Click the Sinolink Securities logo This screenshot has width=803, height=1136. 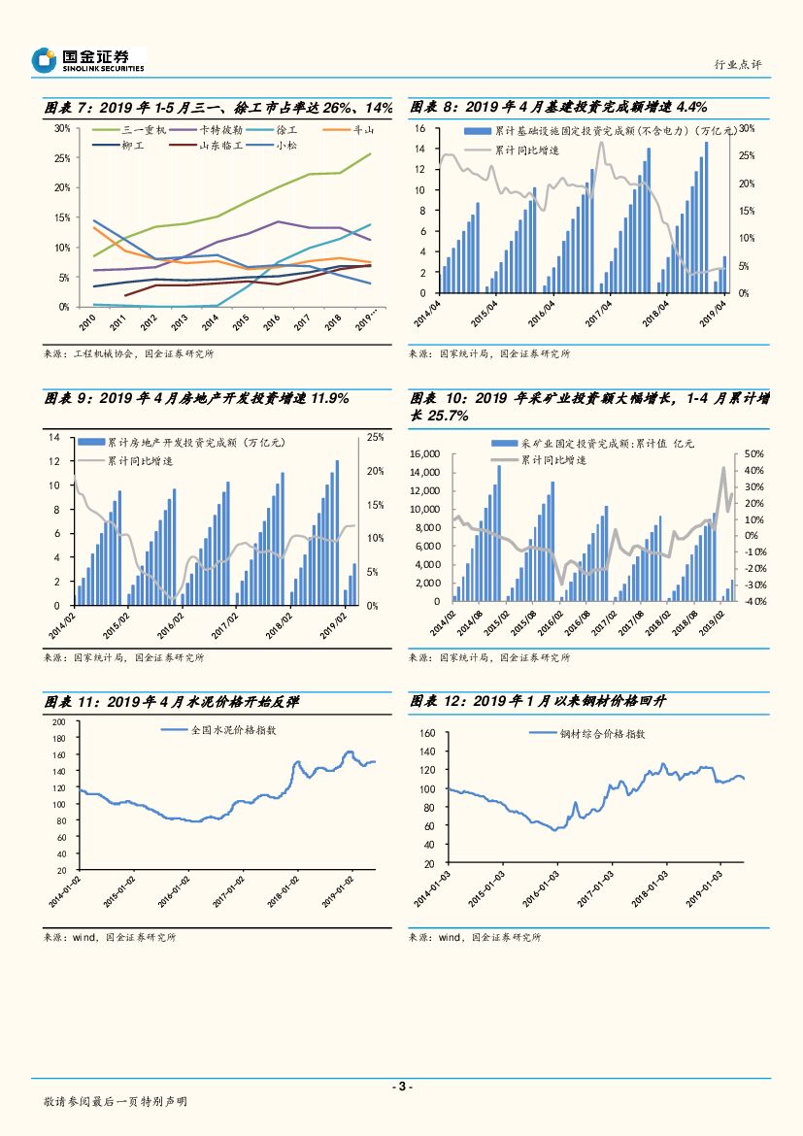(x=87, y=60)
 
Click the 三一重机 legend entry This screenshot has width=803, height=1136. (x=146, y=130)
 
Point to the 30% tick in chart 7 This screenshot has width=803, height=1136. (x=61, y=128)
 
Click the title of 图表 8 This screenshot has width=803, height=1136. (x=558, y=107)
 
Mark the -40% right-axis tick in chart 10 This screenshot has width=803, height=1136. (x=755, y=601)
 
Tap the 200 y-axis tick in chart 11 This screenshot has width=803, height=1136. (x=57, y=722)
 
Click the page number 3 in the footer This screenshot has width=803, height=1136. (x=401, y=1086)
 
